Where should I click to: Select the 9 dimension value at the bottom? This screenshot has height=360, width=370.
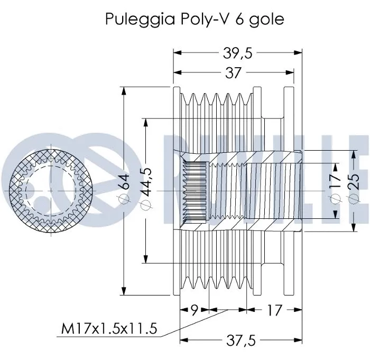point(194,310)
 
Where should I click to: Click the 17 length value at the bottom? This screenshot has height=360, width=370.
point(274,310)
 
